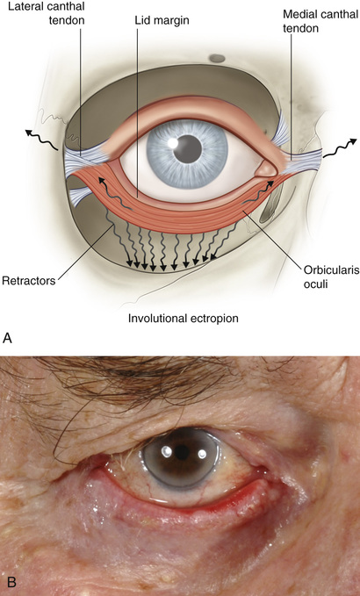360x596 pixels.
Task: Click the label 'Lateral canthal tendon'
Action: pyautogui.click(x=47, y=13)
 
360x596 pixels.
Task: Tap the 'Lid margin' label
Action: pyautogui.click(x=162, y=20)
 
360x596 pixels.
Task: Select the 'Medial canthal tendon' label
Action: pyautogui.click(x=320, y=21)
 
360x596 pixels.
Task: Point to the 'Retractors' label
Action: pyautogui.click(x=28, y=281)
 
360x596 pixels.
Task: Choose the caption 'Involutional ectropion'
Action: pyautogui.click(x=184, y=318)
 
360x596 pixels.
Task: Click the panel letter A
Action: pyautogui.click(x=7, y=338)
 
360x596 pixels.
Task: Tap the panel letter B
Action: pyautogui.click(x=11, y=582)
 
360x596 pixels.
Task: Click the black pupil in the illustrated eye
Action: pyautogui.click(x=187, y=149)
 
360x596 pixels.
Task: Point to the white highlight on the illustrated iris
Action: pyautogui.click(x=173, y=143)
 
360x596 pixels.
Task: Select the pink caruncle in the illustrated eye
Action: pyautogui.click(x=265, y=169)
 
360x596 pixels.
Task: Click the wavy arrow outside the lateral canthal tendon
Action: pyautogui.click(x=42, y=140)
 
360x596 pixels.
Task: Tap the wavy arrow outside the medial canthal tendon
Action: pyautogui.click(x=340, y=148)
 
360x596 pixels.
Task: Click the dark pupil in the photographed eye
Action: pyautogui.click(x=182, y=452)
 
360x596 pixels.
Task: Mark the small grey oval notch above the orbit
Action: pyautogui.click(x=217, y=58)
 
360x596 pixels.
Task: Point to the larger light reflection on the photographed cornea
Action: pyautogui.click(x=167, y=451)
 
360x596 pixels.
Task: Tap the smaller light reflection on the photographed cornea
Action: pyautogui.click(x=202, y=454)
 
